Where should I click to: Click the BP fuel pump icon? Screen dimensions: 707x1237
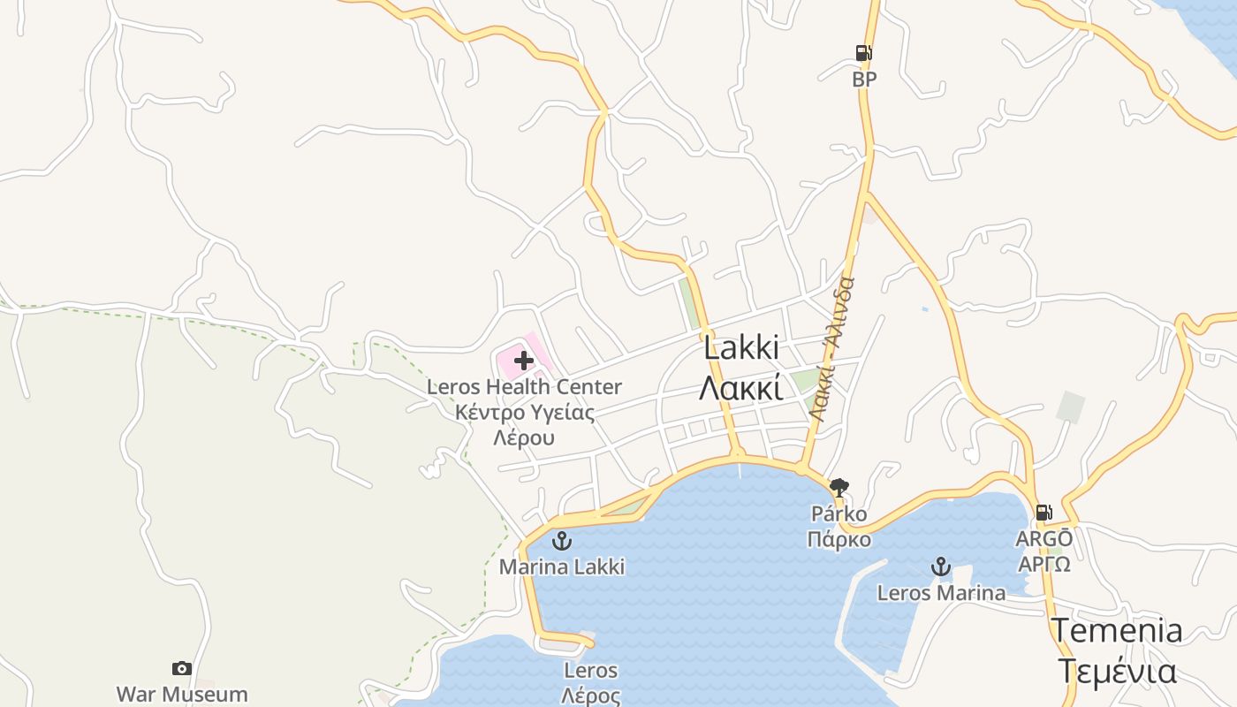[x=864, y=53]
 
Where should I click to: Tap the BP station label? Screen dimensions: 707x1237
[x=864, y=80]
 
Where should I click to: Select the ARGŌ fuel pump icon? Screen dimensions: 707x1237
[x=1043, y=513]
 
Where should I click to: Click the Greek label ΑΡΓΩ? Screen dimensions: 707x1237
[x=1044, y=564]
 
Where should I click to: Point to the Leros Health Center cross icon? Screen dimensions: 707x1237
[x=524, y=360]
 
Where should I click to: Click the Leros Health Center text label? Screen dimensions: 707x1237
[x=524, y=387]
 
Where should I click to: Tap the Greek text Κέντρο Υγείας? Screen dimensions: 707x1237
[x=524, y=412]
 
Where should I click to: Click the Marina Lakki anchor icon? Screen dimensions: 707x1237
[x=562, y=541]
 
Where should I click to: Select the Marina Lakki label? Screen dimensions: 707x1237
[x=562, y=566]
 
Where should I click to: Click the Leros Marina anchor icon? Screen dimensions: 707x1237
[x=941, y=566]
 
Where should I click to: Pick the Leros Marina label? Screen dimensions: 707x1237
[x=941, y=592]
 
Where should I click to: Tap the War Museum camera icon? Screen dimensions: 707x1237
[x=182, y=668]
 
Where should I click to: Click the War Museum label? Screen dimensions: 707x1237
[x=182, y=694]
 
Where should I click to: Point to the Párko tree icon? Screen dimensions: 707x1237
[x=839, y=487]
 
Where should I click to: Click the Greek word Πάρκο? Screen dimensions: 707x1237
[x=839, y=539]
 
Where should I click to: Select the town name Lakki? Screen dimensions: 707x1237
[x=741, y=347]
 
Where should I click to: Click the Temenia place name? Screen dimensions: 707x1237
[x=1116, y=630]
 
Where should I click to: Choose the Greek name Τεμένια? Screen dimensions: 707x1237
[x=1116, y=671]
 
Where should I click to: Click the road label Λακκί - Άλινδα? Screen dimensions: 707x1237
[x=831, y=349]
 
